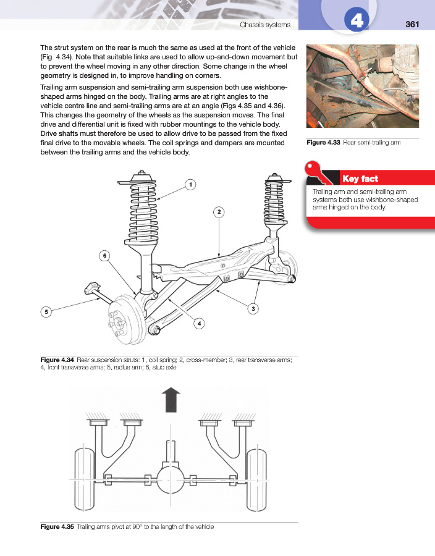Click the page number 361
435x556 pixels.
click(412, 25)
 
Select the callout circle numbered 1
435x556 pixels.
click(192, 184)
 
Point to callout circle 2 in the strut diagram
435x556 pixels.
click(219, 213)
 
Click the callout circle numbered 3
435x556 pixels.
click(253, 308)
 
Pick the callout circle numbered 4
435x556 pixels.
click(199, 323)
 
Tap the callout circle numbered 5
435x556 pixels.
click(46, 313)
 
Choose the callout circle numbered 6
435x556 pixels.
click(106, 255)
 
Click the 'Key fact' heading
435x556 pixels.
click(360, 179)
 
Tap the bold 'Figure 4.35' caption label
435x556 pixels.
click(57, 526)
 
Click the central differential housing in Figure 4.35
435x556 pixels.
click(171, 478)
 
